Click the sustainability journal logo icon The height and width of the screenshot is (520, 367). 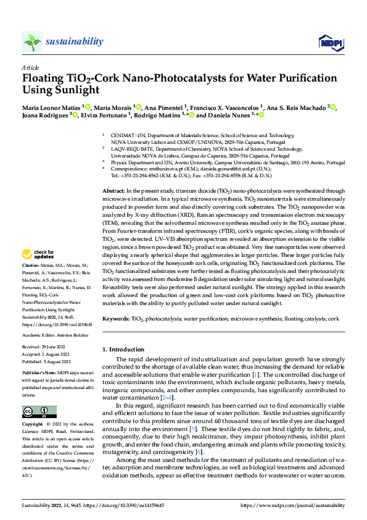tap(32, 41)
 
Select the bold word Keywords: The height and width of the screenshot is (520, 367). tap(116, 319)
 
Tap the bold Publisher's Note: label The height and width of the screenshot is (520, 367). tap(39, 374)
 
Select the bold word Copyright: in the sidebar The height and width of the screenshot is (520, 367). tap(33, 426)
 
